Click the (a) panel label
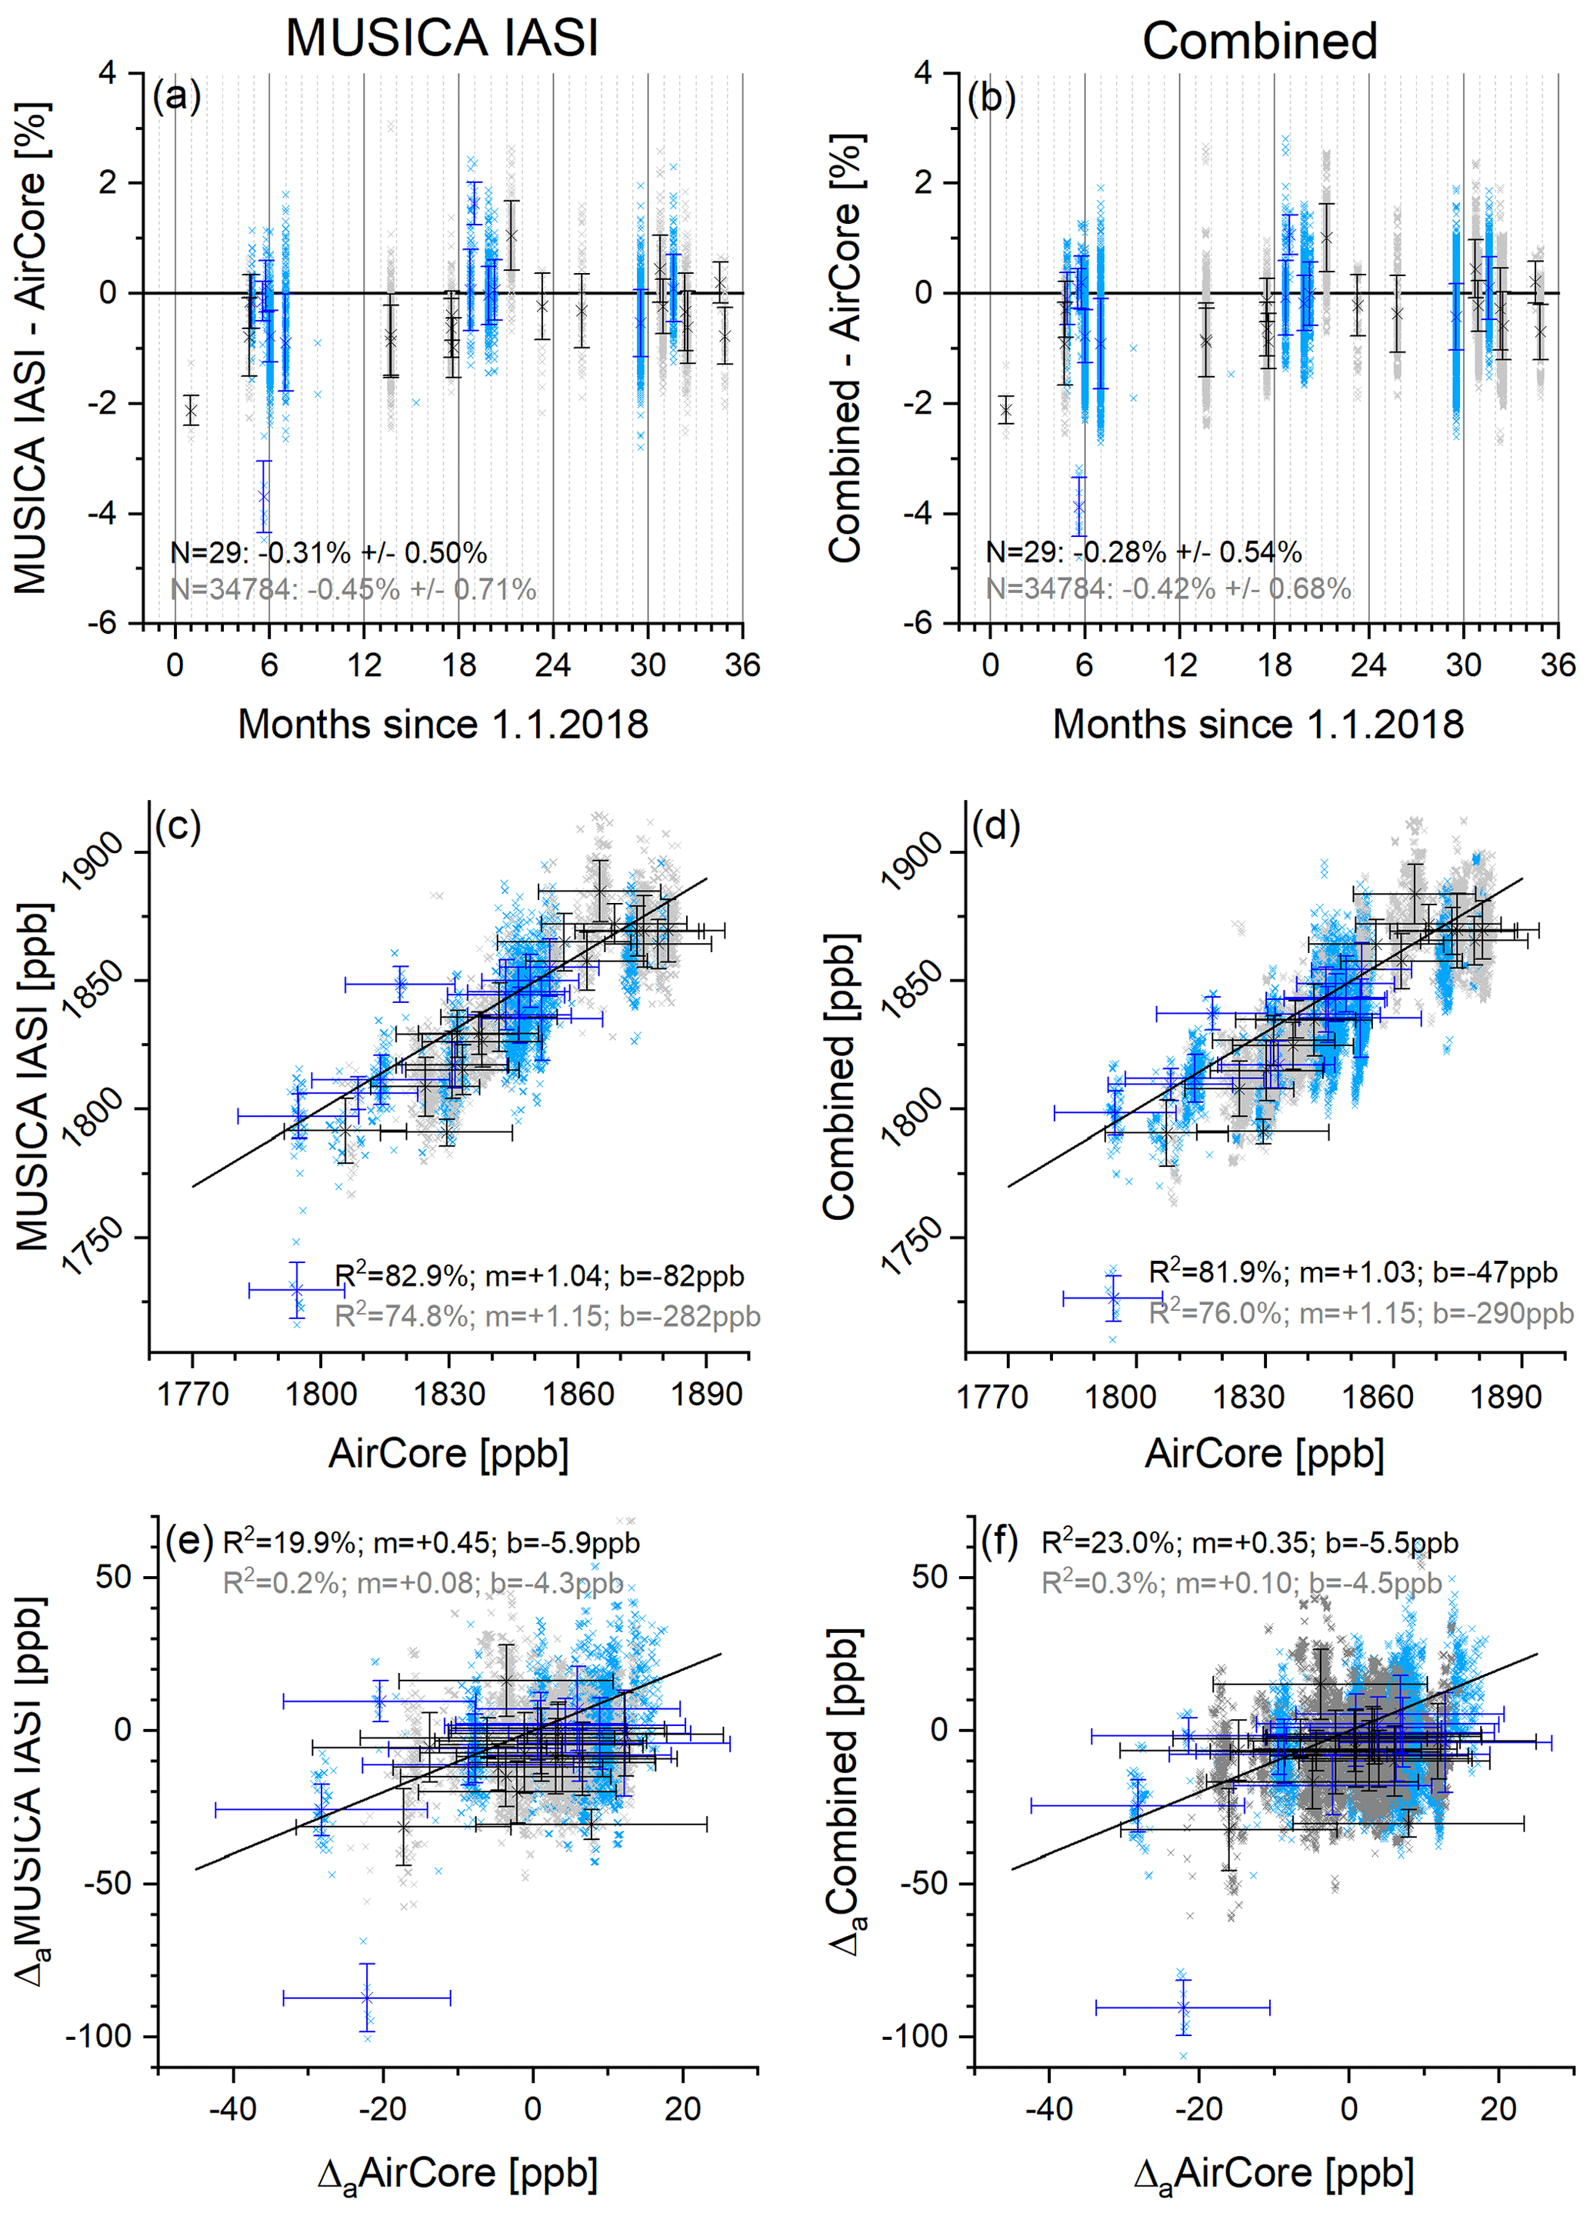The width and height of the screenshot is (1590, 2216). point(177,97)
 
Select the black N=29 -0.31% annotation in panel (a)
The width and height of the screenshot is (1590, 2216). point(328,553)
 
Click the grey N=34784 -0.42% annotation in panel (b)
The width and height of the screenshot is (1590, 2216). point(1168,589)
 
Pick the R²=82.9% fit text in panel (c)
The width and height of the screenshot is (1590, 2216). point(539,1275)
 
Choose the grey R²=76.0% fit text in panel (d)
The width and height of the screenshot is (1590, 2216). point(1360,1312)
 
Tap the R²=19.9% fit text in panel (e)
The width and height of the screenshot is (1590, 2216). point(431,1543)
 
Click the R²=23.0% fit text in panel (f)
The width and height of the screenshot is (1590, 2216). point(1249,1543)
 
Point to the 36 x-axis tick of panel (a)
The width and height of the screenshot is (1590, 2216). point(742,665)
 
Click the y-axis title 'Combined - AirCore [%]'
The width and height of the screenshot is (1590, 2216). point(845,348)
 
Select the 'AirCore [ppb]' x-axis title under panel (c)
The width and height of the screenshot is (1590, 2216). point(448,1453)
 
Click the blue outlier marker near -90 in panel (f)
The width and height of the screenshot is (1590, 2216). point(1182,2007)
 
